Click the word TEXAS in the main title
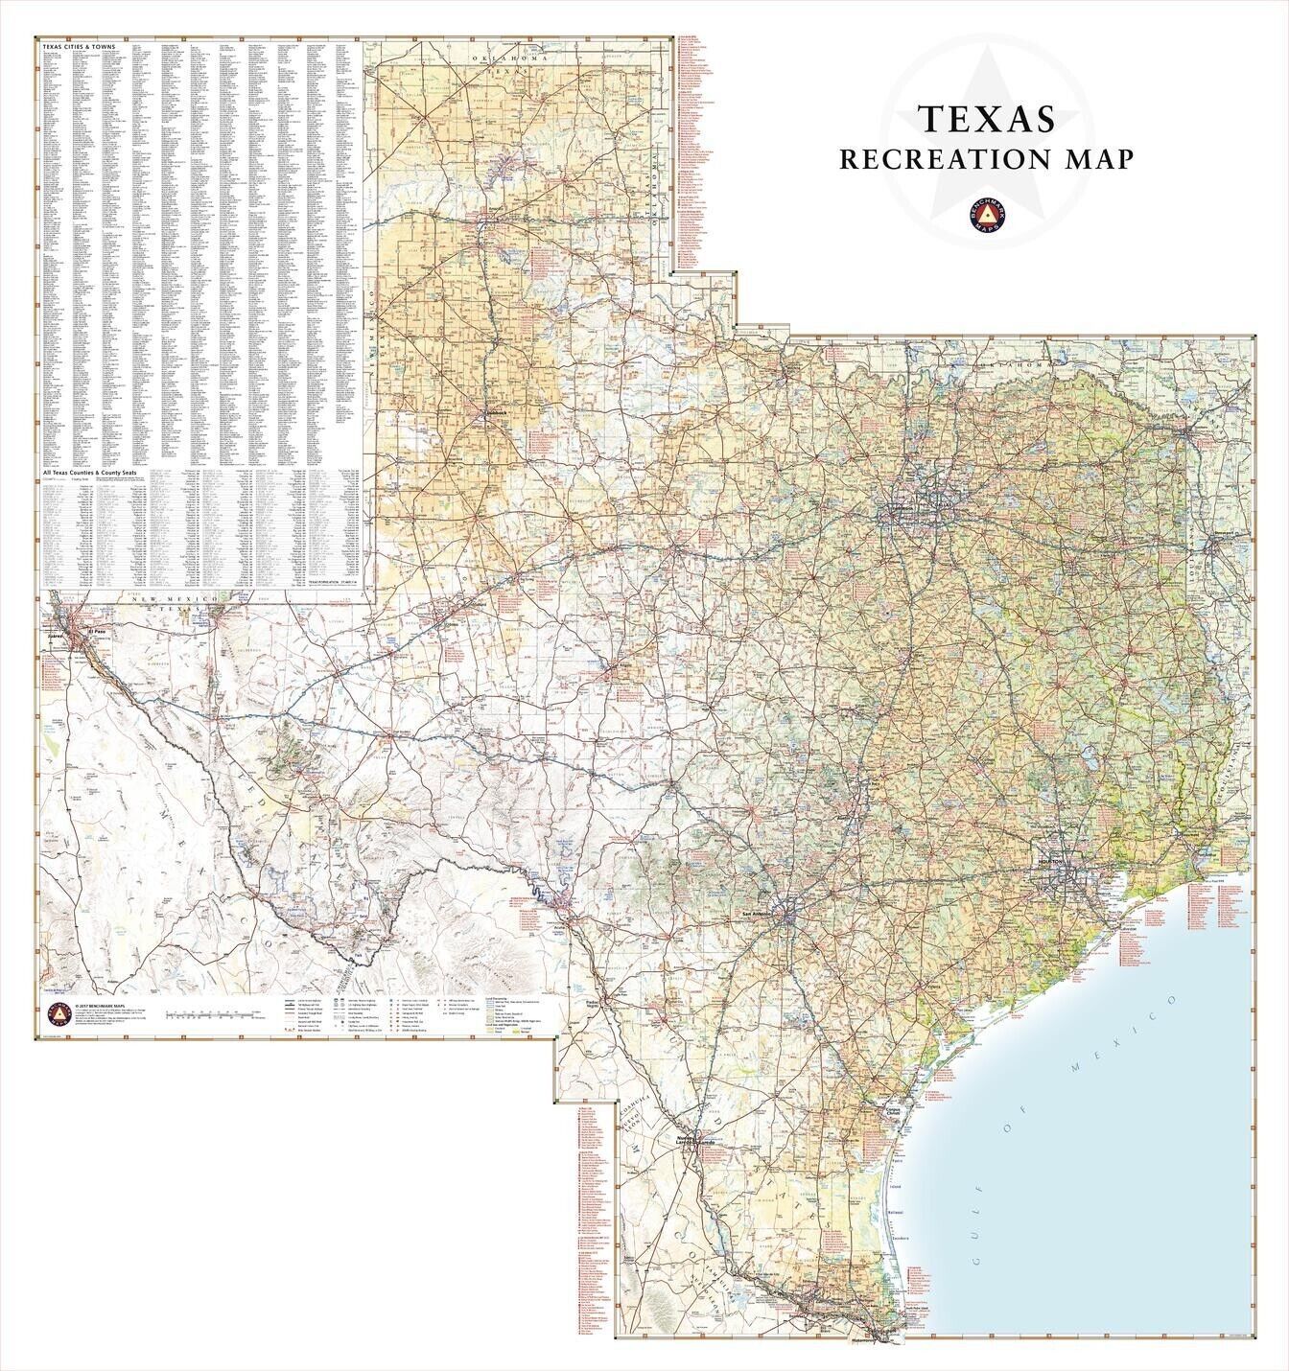coord(988,117)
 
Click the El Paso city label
coord(96,633)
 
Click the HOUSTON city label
coord(1051,863)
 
